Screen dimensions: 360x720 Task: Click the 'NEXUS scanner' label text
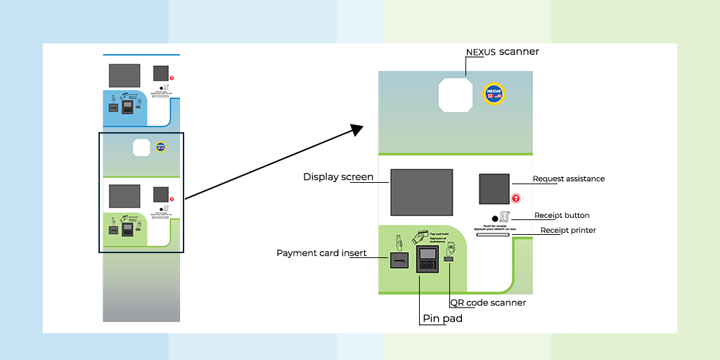[502, 52]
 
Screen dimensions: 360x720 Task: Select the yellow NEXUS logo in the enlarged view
[496, 94]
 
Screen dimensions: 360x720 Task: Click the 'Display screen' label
[338, 176]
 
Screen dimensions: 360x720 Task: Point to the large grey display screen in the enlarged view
[421, 191]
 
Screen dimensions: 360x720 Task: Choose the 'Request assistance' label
[568, 179]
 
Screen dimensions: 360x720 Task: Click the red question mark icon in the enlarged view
[515, 199]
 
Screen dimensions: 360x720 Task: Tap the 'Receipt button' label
[562, 215]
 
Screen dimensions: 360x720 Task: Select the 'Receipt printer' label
[567, 230]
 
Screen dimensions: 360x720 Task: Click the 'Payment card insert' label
[321, 253]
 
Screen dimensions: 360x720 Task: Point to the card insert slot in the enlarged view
[399, 262]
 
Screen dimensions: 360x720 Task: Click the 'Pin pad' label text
[442, 319]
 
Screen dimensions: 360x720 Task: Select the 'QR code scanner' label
[488, 302]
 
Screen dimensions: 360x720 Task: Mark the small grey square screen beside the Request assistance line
[494, 188]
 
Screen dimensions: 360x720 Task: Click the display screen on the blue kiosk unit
[124, 75]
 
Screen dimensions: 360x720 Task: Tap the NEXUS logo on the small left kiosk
[160, 146]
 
